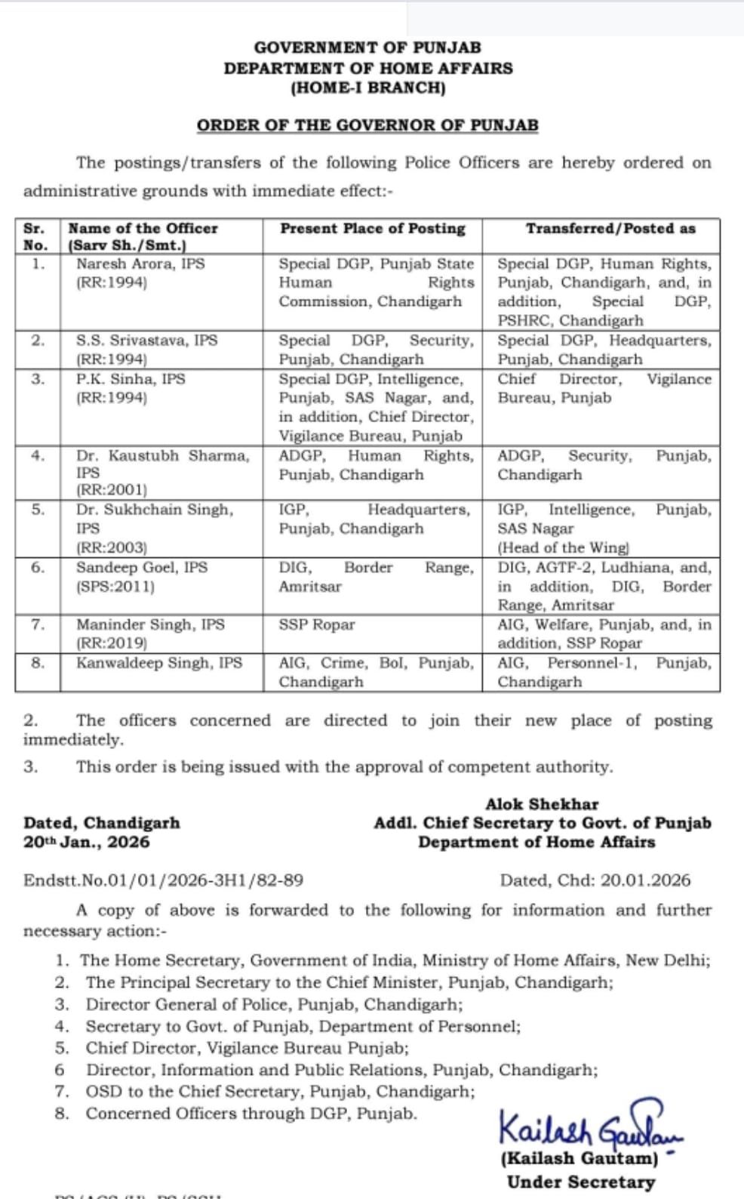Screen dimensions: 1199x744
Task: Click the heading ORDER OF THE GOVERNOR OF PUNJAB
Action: tap(367, 125)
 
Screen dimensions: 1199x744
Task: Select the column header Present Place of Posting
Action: tap(373, 228)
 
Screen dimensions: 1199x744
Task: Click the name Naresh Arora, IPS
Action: tap(140, 264)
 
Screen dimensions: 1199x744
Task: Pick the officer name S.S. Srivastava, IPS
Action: tap(146, 341)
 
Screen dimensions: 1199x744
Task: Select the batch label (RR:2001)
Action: tap(112, 489)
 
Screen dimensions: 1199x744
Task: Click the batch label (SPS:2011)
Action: tap(115, 586)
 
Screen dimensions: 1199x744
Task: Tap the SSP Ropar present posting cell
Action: tap(316, 624)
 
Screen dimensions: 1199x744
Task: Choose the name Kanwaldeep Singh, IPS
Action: tap(159, 663)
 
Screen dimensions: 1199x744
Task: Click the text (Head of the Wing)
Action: tap(563, 547)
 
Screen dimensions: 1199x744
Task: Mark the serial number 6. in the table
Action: tap(38, 567)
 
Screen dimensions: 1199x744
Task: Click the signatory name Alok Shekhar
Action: tap(542, 804)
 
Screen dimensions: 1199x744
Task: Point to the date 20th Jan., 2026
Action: tap(87, 842)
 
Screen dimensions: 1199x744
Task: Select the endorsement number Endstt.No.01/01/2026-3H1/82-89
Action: tap(163, 880)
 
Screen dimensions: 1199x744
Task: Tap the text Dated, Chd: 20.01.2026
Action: tap(595, 880)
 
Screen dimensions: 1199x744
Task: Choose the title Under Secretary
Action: tap(580, 1182)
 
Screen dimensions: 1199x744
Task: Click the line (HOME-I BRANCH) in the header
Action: tap(367, 88)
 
